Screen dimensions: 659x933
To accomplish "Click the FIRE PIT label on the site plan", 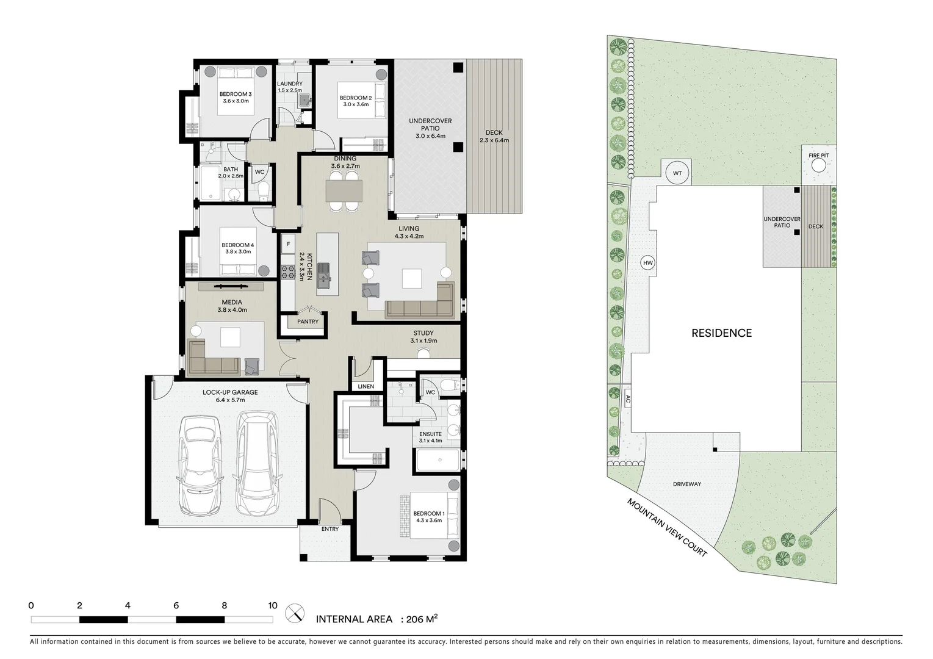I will click(x=819, y=156).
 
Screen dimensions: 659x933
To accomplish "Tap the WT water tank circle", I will click(x=677, y=173).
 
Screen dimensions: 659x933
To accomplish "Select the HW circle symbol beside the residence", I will click(x=647, y=263).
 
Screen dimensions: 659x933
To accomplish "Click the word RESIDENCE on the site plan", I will click(x=721, y=333).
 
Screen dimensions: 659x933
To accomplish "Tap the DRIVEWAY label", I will click(x=687, y=484).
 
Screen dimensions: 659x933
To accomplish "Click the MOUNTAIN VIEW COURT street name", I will click(x=667, y=527).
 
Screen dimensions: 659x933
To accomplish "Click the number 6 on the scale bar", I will click(x=176, y=606).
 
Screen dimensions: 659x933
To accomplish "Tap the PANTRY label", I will click(x=308, y=322).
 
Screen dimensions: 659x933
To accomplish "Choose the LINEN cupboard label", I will click(x=366, y=387).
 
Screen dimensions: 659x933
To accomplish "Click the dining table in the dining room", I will click(x=344, y=191).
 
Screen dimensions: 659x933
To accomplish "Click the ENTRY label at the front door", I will click(x=330, y=529).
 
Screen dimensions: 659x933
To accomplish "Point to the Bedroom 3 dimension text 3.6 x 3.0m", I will click(x=236, y=101).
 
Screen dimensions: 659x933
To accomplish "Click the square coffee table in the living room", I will click(x=411, y=279).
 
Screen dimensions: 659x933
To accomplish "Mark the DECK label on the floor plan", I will click(x=494, y=132).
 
